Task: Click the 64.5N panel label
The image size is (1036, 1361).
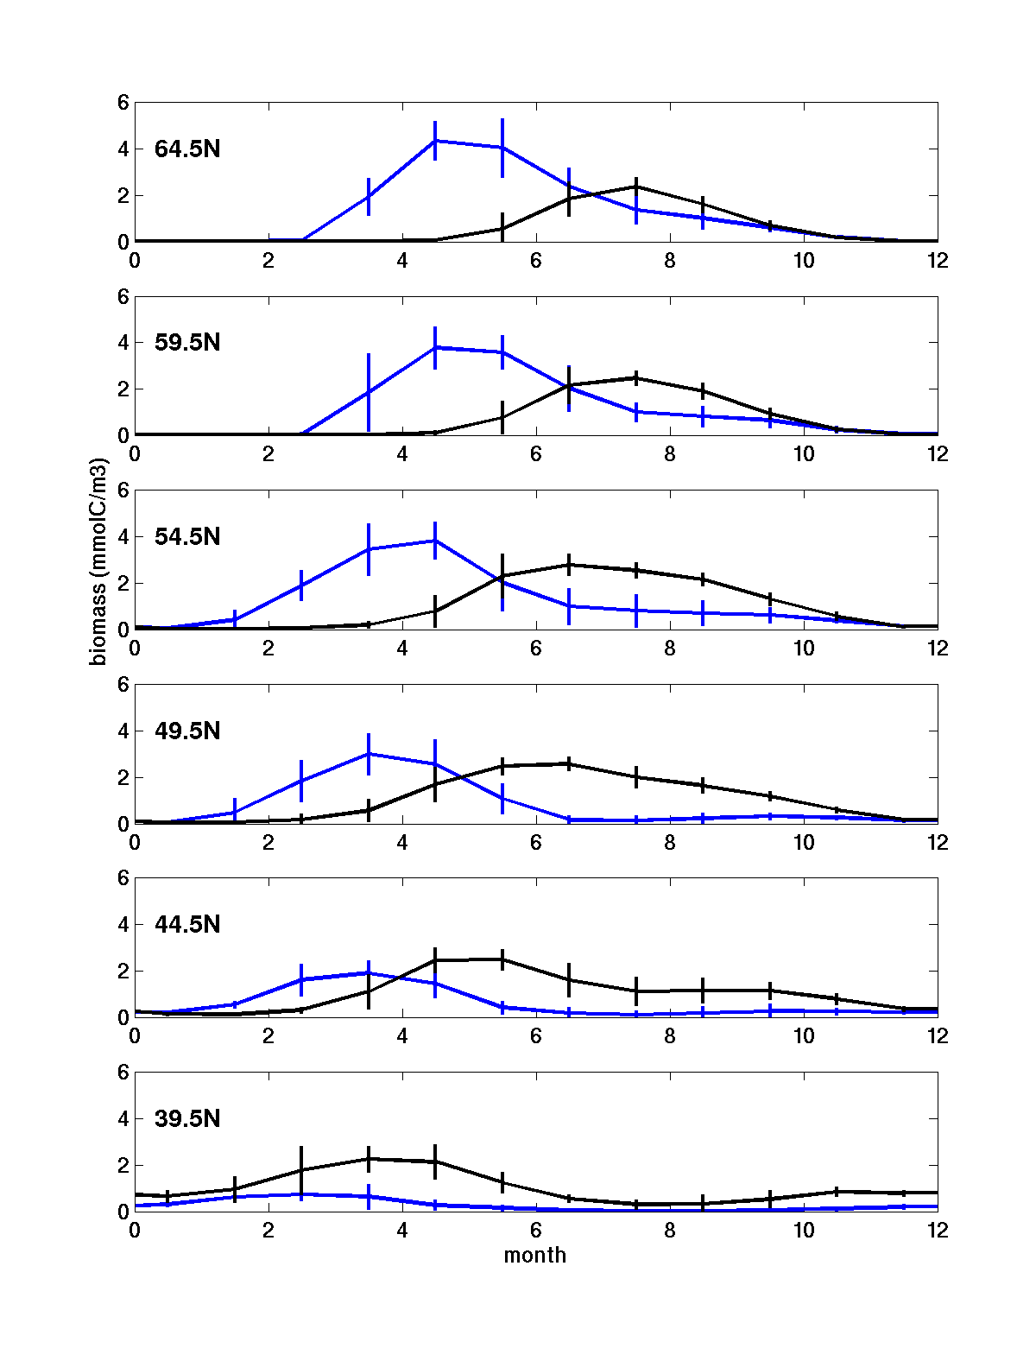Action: click(x=187, y=149)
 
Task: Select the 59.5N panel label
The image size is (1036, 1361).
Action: click(x=187, y=343)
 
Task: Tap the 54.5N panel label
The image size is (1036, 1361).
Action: click(x=187, y=537)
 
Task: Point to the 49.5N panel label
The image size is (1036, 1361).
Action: click(x=187, y=731)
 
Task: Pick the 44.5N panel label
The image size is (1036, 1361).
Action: click(x=187, y=925)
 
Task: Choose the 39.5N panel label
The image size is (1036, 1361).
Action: click(x=187, y=1119)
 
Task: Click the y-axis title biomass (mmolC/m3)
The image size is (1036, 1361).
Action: click(x=98, y=562)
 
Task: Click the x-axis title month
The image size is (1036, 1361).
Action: click(x=535, y=1256)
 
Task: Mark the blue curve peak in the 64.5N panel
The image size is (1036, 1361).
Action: click(x=435, y=140)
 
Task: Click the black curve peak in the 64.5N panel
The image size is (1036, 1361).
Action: click(x=636, y=187)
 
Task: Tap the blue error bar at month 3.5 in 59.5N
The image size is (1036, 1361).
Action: click(x=369, y=392)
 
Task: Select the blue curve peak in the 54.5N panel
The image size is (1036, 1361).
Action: click(x=435, y=541)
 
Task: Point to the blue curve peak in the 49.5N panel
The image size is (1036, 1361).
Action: click(x=369, y=753)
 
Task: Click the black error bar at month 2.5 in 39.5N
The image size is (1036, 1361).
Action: click(x=301, y=1168)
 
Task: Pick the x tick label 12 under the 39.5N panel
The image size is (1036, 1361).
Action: click(x=938, y=1231)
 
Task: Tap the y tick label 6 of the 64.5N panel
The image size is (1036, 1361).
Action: click(x=123, y=103)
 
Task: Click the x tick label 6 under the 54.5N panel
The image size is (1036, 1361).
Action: click(x=536, y=649)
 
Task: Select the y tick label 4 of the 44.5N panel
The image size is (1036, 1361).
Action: click(x=123, y=925)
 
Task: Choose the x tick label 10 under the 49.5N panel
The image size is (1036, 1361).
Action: click(x=804, y=843)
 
